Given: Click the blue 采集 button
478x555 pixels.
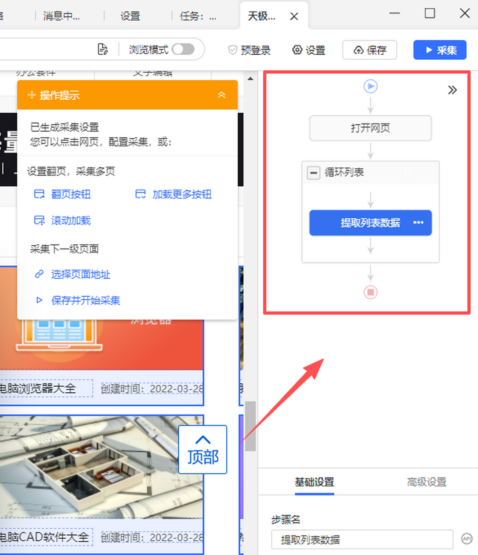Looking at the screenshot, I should click(x=440, y=50).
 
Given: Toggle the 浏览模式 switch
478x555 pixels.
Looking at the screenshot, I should click(x=183, y=49).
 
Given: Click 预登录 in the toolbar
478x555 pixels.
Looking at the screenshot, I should click(x=249, y=50).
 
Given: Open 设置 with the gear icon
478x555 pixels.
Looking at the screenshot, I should click(x=309, y=50).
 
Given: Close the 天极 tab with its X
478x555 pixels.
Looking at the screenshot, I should click(x=294, y=16).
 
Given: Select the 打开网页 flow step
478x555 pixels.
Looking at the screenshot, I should click(x=370, y=128).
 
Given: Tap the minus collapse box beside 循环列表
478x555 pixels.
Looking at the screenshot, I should click(x=313, y=173).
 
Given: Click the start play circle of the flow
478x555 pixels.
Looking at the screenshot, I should click(x=370, y=86).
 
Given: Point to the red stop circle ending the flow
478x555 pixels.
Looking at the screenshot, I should click(x=370, y=292).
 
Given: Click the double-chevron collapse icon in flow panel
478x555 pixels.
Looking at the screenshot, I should click(x=452, y=90).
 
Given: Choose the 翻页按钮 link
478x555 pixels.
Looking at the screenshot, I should click(x=71, y=194).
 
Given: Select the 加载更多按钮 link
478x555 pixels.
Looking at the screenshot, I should click(x=182, y=194).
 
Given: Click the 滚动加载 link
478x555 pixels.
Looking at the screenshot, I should click(x=71, y=220).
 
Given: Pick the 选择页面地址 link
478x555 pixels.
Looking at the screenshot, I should click(x=80, y=275).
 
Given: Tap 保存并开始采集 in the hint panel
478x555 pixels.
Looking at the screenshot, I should click(x=85, y=300).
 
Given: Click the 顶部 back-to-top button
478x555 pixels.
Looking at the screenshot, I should click(x=203, y=449).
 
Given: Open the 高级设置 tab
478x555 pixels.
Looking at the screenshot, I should click(x=427, y=482).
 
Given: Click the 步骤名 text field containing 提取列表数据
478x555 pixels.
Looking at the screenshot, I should click(x=362, y=540).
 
